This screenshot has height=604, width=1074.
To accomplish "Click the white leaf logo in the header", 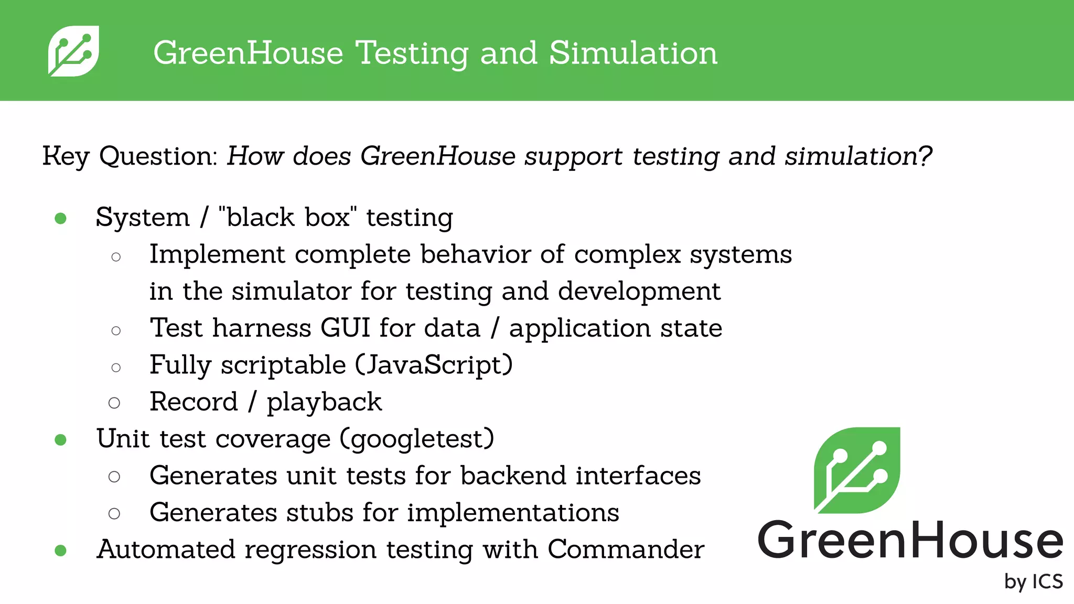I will [73, 51].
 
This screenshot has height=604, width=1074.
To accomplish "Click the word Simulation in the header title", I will [633, 53].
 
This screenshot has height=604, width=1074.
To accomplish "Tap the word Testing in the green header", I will [411, 54].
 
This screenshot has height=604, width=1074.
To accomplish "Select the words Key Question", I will [129, 156].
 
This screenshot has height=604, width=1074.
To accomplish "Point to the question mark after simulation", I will [925, 156].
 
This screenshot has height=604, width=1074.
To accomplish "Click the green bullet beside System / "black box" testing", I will [61, 218].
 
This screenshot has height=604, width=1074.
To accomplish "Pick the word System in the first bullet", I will [143, 218].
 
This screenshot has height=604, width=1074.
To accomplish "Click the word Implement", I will [217, 255].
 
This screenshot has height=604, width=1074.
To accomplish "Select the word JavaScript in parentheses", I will [434, 365].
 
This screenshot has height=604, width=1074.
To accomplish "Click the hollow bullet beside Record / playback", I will [114, 403].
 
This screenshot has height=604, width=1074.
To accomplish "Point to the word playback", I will [324, 403].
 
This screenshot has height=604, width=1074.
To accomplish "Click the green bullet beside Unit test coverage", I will [61, 439].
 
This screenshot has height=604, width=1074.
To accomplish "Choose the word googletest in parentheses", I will [417, 439].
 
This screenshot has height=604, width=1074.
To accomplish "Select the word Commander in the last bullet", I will [626, 549].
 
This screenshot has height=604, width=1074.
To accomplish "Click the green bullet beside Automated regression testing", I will [61, 551].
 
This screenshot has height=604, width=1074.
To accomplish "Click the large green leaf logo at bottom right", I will [856, 470].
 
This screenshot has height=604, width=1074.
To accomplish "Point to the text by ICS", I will [1033, 581].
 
